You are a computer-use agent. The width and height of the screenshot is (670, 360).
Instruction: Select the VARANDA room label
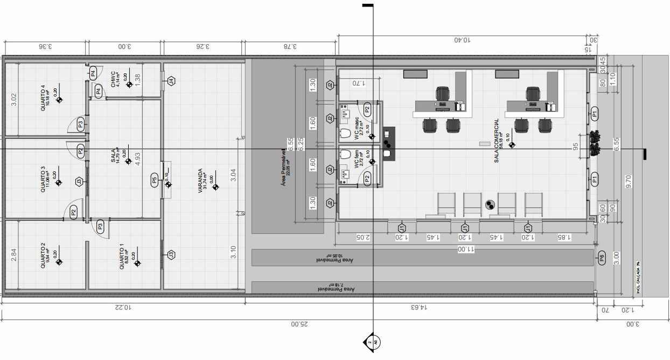(x=200, y=181)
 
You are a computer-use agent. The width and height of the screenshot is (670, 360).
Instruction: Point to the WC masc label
(x=357, y=128)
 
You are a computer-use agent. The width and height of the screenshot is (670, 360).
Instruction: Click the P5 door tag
(x=154, y=181)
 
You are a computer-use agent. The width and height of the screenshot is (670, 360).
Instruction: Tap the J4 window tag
(x=171, y=81)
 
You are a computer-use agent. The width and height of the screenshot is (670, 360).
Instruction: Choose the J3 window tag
(x=171, y=254)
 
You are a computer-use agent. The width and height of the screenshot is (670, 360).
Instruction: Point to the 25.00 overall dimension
(x=297, y=324)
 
